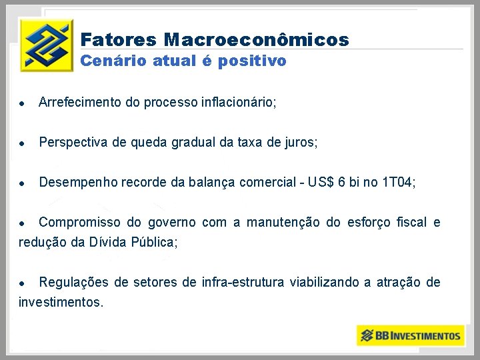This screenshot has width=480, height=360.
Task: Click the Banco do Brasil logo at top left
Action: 46,45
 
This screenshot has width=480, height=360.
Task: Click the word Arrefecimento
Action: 80,103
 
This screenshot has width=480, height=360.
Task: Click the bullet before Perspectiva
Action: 23,143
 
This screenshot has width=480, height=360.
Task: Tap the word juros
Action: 301,142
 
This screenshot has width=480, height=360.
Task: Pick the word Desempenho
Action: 79,182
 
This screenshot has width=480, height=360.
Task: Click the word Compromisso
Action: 80,222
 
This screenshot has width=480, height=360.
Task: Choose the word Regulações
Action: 73,282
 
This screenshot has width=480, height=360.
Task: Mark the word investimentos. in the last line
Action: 61,302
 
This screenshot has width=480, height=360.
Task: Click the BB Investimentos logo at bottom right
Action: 410,335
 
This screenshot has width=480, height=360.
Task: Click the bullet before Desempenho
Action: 23,183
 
